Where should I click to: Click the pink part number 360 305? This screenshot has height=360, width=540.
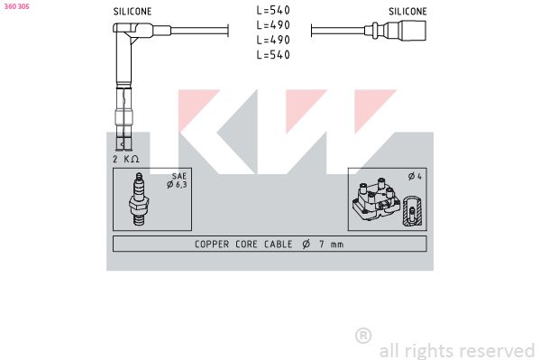[16, 6]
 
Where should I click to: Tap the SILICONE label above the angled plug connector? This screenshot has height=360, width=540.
[133, 12]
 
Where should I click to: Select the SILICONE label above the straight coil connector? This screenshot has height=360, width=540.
[407, 12]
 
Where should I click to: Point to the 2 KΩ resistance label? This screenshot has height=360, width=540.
[125, 159]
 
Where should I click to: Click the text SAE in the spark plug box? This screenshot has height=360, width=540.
[179, 176]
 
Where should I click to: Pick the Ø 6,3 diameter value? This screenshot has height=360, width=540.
[177, 185]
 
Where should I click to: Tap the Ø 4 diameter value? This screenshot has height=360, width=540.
[415, 177]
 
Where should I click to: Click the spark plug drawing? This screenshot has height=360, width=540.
[139, 199]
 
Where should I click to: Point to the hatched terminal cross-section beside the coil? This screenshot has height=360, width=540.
[412, 211]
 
